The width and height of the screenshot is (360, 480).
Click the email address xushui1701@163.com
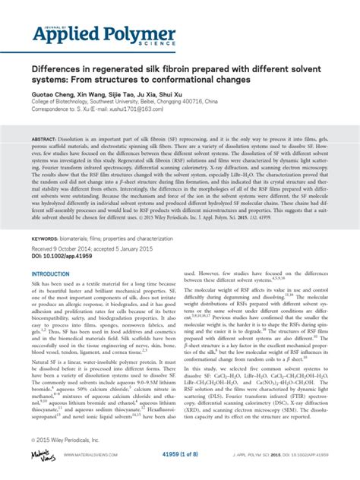(138, 109)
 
